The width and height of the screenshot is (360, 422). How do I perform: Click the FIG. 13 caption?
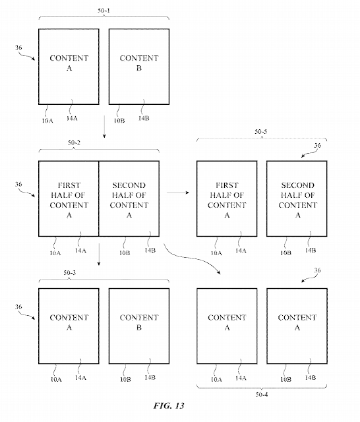point(169,406)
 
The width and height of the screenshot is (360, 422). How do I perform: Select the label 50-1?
point(104,11)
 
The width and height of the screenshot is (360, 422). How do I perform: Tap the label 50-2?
point(74,142)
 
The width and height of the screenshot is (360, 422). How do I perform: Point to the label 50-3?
point(70,272)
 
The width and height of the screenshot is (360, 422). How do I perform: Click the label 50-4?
point(262,394)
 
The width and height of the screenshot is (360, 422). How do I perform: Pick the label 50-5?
point(260,132)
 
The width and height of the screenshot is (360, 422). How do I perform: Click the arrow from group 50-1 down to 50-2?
point(104,127)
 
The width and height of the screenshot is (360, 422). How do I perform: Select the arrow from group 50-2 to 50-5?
point(178,193)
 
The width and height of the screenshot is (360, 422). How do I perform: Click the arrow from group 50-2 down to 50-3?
point(99,255)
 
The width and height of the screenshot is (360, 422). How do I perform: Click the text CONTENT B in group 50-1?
point(139,63)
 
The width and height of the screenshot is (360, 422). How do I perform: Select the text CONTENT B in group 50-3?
point(139,322)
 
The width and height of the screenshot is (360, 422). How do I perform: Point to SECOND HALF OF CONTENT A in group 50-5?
point(297,200)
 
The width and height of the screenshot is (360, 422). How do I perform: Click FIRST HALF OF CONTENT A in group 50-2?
point(69,200)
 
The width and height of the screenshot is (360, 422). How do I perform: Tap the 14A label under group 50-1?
point(72,118)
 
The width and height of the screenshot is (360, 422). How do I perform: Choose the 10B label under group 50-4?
point(285,380)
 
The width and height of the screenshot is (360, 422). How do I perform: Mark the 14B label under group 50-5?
point(311,251)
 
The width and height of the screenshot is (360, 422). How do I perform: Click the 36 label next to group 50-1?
point(18,47)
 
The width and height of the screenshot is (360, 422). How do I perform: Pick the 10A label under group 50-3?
point(56,380)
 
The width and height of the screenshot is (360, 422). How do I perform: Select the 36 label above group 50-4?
point(318,270)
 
